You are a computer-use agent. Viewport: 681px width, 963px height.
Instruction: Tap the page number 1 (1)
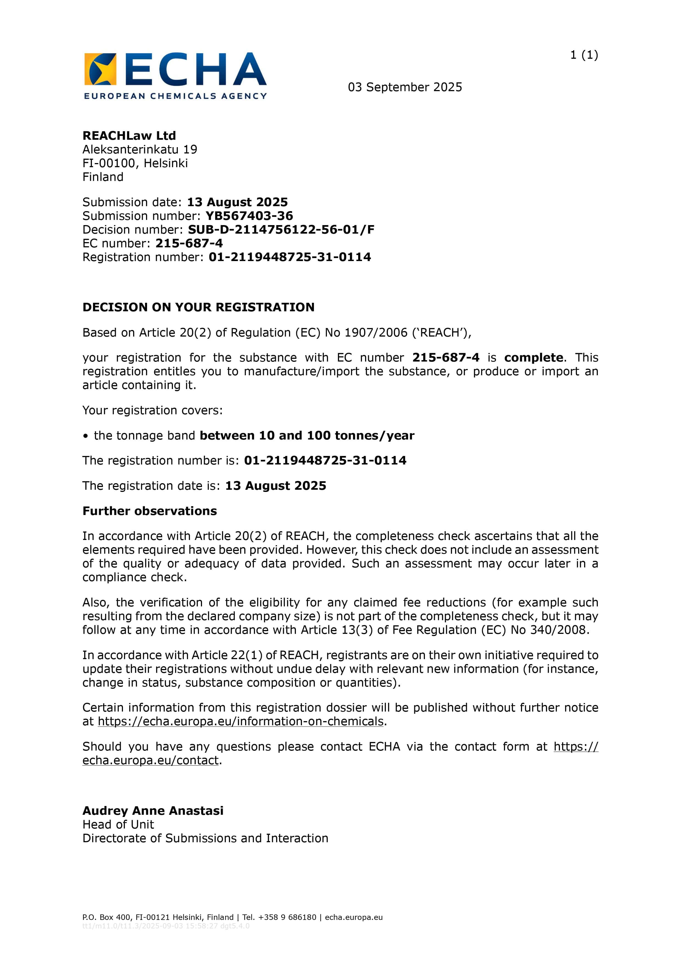tap(584, 55)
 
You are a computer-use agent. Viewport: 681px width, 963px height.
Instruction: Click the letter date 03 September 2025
tap(405, 87)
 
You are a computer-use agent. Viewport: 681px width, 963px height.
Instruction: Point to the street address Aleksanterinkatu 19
tap(140, 150)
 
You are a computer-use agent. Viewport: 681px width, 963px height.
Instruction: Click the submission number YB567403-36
tap(249, 216)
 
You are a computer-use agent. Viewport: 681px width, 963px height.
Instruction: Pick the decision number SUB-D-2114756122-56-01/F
tap(281, 230)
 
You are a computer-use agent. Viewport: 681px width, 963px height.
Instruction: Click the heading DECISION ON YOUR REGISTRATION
tap(198, 307)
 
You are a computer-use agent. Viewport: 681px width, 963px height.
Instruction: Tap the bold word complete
tap(533, 358)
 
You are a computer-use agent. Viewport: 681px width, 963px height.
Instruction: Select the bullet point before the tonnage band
tap(86, 436)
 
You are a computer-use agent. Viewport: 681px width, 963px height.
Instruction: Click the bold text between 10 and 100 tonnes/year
tap(307, 436)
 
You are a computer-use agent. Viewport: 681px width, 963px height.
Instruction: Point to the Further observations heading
tap(150, 511)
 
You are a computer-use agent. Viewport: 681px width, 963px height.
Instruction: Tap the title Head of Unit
tap(118, 825)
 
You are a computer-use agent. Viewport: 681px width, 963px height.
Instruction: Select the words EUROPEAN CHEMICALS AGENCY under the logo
tap(175, 96)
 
